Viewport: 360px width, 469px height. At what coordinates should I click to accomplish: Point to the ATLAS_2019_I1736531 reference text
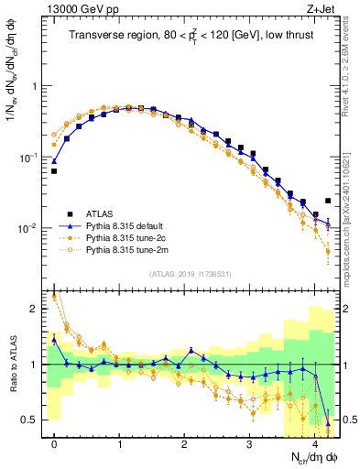tap(190, 274)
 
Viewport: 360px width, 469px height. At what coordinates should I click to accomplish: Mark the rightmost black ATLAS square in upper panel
tap(328, 201)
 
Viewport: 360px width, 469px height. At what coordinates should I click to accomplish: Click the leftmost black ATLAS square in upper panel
tap(54, 171)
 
